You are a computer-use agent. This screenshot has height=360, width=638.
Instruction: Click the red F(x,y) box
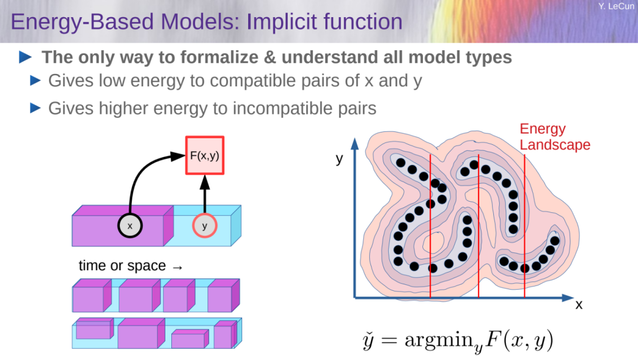[x=204, y=155]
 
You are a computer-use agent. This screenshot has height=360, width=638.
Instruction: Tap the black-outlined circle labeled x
[x=130, y=226]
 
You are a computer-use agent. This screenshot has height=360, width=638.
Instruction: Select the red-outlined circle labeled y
[x=204, y=226]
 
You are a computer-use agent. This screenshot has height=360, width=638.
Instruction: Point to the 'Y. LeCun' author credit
[x=616, y=6]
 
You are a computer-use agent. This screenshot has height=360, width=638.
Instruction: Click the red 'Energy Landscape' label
[x=555, y=137]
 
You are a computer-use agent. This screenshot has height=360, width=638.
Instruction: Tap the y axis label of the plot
[x=339, y=158]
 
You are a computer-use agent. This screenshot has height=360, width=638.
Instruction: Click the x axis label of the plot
[x=579, y=304]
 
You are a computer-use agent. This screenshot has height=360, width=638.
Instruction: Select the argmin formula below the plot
[x=458, y=340]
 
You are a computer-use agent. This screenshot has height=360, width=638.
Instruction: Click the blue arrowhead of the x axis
[x=568, y=298]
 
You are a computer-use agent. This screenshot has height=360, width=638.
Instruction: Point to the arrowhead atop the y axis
[x=355, y=144]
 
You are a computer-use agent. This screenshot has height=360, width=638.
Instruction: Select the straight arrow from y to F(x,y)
[x=204, y=194]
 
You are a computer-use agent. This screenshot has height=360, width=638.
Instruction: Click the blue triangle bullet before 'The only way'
[x=25, y=57]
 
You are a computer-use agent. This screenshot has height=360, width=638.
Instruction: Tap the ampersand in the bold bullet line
[x=270, y=57]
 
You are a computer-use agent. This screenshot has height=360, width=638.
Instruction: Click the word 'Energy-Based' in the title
[x=82, y=22]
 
